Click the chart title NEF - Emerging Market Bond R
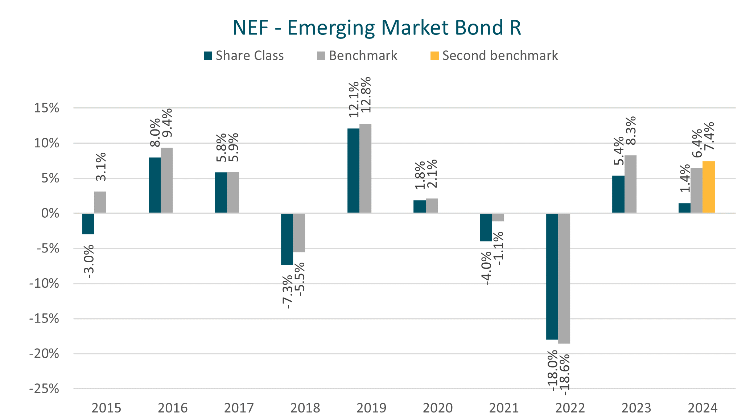click(376, 28)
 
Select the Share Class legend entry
click(244, 56)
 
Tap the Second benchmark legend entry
click(494, 56)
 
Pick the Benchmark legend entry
click(357, 56)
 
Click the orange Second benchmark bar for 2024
click(708, 187)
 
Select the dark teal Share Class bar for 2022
click(552, 276)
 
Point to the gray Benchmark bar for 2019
click(365, 168)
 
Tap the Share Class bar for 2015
click(88, 223)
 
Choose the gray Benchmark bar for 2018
click(299, 233)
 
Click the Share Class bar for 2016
click(154, 185)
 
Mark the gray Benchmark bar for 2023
click(630, 184)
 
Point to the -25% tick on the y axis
click(44, 389)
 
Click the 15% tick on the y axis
click(46, 108)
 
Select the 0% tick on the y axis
click(50, 213)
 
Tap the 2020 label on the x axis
click(437, 408)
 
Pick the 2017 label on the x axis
click(239, 408)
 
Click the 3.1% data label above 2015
click(100, 167)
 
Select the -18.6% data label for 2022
click(564, 374)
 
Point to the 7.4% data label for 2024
click(708, 136)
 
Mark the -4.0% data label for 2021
click(486, 268)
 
